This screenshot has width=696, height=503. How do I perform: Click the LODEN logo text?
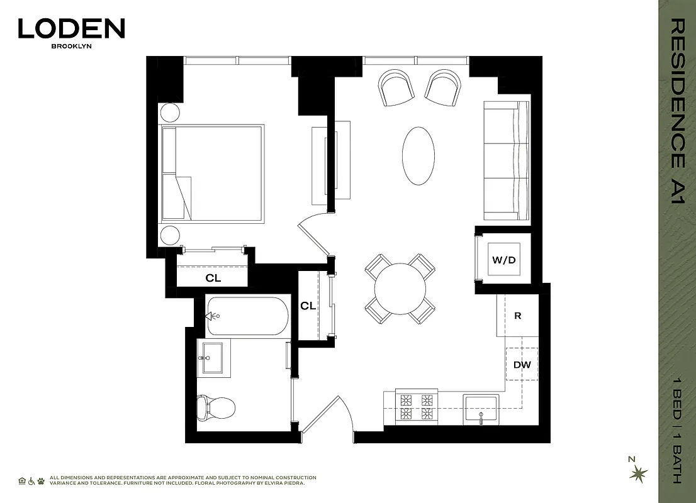(x=71, y=28)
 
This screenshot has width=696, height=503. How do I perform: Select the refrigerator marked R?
(x=517, y=316)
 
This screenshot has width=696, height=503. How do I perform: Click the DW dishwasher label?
(x=522, y=365)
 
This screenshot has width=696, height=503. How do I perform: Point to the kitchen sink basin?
(x=481, y=409)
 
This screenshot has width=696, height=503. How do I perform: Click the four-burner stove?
(x=415, y=407)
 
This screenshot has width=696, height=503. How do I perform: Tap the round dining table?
(x=400, y=289)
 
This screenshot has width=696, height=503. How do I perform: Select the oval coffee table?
(x=418, y=156)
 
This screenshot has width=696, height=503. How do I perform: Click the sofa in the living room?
(x=507, y=161)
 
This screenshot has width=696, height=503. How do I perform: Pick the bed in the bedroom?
(x=212, y=174)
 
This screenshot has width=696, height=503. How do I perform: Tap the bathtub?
(x=247, y=316)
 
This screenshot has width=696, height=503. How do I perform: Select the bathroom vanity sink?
(x=213, y=358)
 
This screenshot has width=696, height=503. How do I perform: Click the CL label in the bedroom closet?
(x=213, y=278)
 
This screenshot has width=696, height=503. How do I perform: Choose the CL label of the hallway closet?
(x=308, y=306)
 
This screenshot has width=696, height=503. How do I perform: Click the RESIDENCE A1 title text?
(x=676, y=111)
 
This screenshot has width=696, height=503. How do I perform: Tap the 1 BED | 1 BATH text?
(x=676, y=428)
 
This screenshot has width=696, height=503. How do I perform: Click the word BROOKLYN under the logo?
(x=71, y=46)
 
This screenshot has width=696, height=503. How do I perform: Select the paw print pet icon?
(x=41, y=480)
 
